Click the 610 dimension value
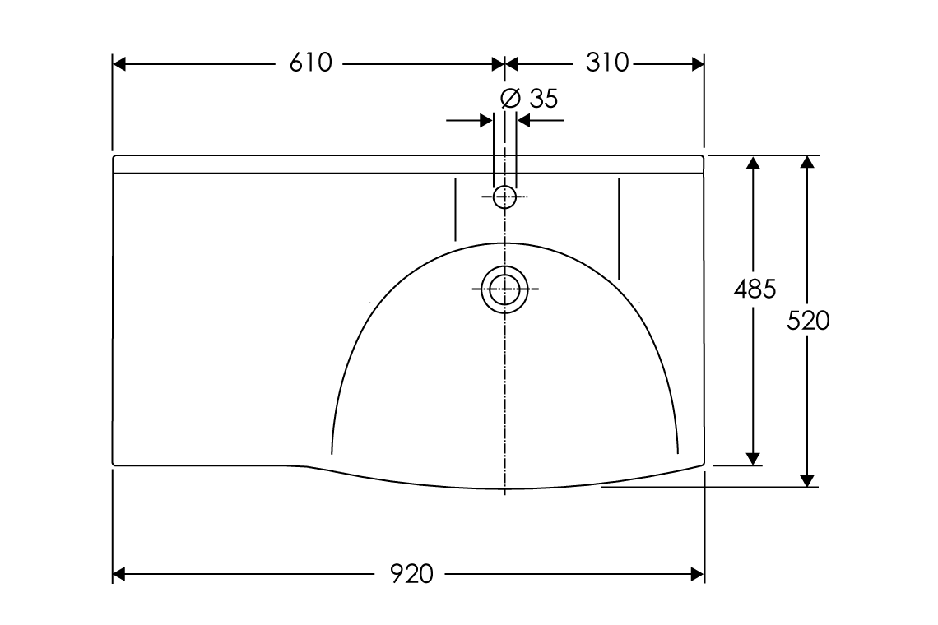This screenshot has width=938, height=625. click(x=310, y=63)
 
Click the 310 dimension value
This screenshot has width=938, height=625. click(x=606, y=63)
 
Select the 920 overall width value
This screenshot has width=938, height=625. click(x=411, y=574)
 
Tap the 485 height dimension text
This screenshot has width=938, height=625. click(x=755, y=289)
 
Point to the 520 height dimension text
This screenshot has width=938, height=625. click(x=808, y=321)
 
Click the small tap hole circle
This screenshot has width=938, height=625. click(x=504, y=197)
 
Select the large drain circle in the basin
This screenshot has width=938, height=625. click(x=504, y=289)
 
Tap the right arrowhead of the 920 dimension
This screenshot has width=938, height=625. click(x=698, y=574)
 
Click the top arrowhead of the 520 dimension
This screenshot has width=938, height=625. click(x=808, y=162)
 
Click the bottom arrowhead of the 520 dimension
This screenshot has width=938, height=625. click(x=808, y=480)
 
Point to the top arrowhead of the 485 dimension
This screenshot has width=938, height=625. click(x=752, y=162)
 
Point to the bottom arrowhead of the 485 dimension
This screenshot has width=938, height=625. click(x=752, y=458)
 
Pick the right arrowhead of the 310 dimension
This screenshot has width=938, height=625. click(x=698, y=63)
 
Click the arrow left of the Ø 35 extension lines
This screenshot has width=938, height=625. click(x=485, y=121)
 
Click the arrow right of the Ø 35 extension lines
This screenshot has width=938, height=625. click(x=524, y=121)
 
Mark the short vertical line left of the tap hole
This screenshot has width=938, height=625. click(x=455, y=209)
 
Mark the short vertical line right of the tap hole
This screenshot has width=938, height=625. click(x=618, y=227)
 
